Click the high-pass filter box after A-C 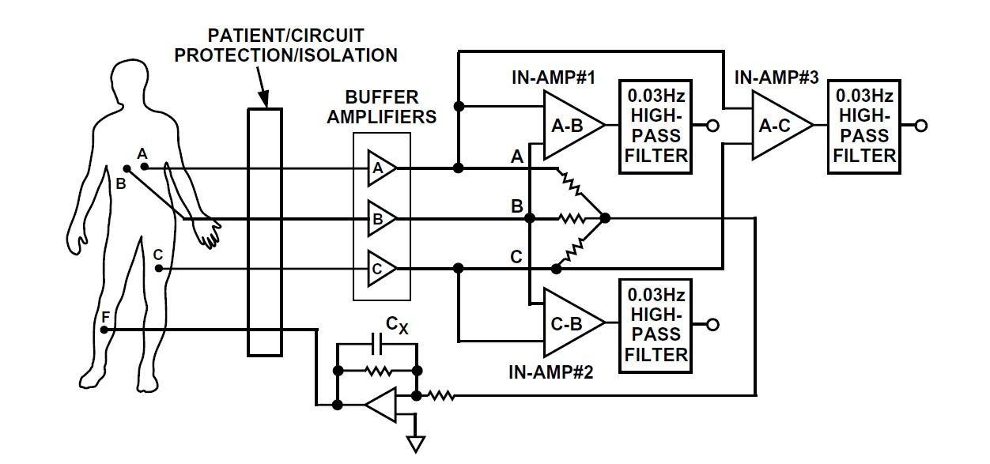pyautogui.click(x=864, y=126)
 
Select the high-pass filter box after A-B pyautogui.click(x=656, y=126)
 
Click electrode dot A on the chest pyautogui.click(x=143, y=166)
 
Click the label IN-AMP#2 pyautogui.click(x=551, y=370)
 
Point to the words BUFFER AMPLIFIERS pyautogui.click(x=391, y=108)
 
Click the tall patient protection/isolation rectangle pyautogui.click(x=264, y=232)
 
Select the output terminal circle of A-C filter pyautogui.click(x=920, y=126)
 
